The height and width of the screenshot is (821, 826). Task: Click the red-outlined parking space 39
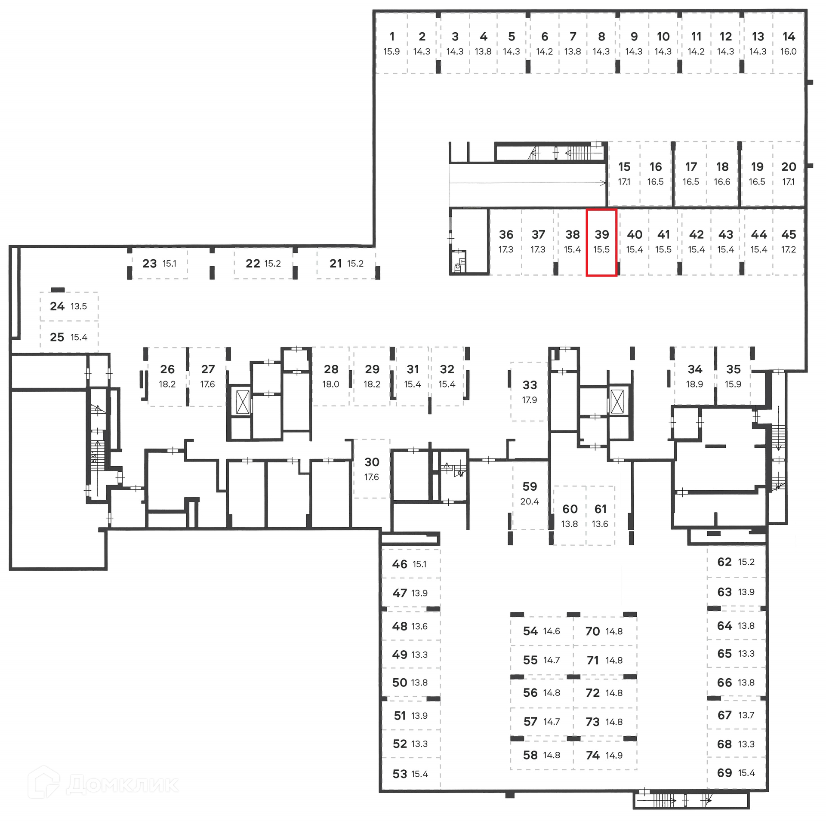(601, 242)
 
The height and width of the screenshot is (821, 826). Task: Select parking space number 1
(391, 43)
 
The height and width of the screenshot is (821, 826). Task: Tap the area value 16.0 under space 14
(788, 52)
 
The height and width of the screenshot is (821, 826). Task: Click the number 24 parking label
(57, 306)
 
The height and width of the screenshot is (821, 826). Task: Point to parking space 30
(372, 468)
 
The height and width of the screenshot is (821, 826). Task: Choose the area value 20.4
(530, 501)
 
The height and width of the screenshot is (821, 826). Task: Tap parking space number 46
(410, 564)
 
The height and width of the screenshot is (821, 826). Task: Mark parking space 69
(736, 773)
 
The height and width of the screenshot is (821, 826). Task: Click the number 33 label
(530, 385)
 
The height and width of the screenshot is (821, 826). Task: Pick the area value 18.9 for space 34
(694, 384)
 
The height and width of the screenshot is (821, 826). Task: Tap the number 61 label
(600, 509)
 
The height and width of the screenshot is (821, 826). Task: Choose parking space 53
(410, 774)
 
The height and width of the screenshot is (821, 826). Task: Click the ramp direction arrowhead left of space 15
(604, 183)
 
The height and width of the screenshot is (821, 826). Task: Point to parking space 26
(167, 376)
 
